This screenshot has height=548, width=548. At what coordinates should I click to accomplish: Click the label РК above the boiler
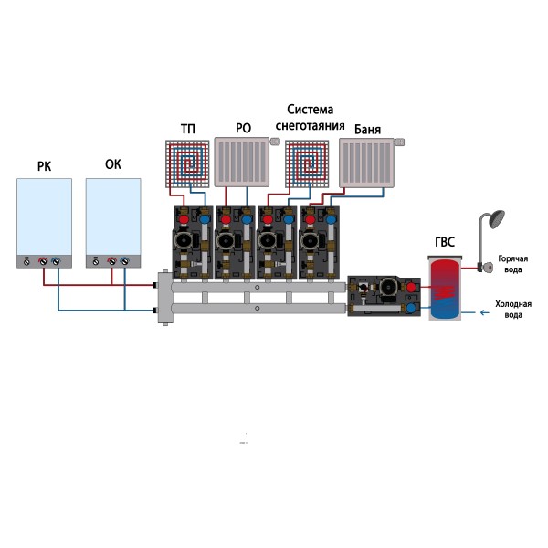pos(44,166)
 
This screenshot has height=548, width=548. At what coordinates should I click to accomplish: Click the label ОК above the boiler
pos(113,166)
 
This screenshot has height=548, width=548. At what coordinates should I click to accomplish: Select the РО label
pos(243,129)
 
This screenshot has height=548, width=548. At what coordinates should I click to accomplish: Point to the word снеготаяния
pos(310,126)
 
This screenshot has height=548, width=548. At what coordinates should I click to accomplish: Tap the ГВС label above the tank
pos(445,244)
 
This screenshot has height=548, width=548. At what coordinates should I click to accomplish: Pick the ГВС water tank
pos(445,287)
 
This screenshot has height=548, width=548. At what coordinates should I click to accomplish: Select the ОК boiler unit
pos(113,222)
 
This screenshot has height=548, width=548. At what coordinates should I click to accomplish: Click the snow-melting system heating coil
pos(309,165)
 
